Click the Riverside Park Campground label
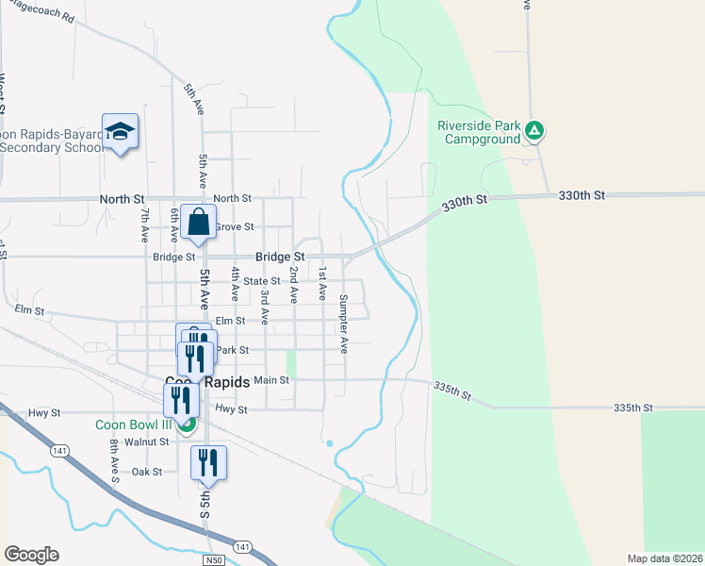(478, 132)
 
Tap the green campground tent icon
(533, 131)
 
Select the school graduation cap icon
(120, 131)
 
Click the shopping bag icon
(199, 224)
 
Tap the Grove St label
(234, 227)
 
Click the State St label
(262, 281)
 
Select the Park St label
(232, 350)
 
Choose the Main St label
(271, 380)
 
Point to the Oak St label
(147, 471)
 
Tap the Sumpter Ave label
(344, 324)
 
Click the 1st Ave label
(321, 283)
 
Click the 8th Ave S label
(114, 459)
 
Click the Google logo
(31, 555)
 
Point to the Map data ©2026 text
(664, 558)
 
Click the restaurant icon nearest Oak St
(208, 463)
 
